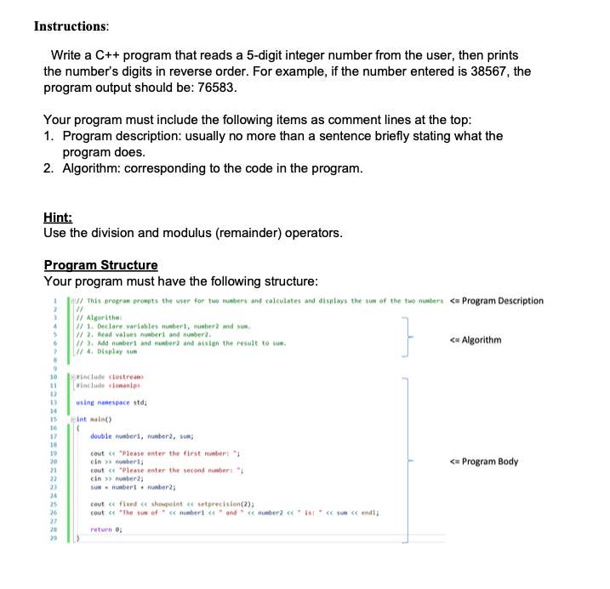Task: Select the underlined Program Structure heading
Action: pyautogui.click(x=100, y=265)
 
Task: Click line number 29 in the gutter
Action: pyautogui.click(x=53, y=537)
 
